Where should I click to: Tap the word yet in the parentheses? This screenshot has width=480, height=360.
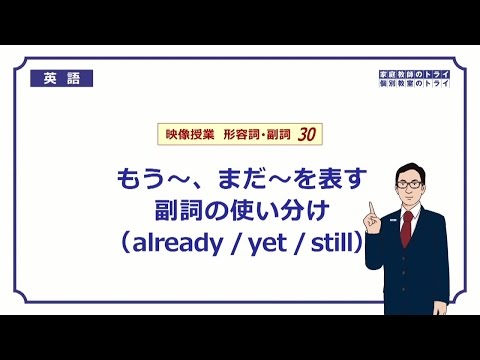click(x=266, y=243)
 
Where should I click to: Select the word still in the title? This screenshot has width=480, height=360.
click(x=325, y=243)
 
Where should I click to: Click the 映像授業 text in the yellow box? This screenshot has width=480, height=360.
click(x=185, y=132)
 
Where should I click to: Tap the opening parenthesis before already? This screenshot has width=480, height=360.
click(x=128, y=243)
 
